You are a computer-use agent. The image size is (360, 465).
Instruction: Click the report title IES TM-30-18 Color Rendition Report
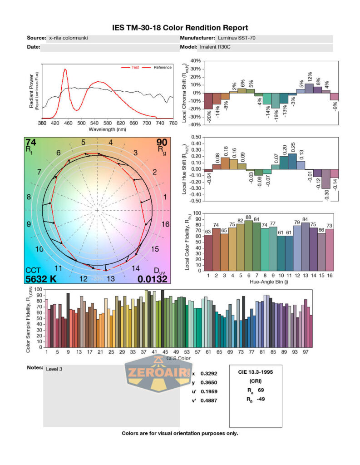(180, 28)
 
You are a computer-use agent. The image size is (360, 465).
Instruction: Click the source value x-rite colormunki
(68, 38)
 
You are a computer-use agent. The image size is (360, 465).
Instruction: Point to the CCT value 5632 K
(41, 279)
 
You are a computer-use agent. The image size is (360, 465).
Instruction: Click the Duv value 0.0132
(153, 279)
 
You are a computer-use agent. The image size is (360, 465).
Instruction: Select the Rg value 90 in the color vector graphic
(162, 142)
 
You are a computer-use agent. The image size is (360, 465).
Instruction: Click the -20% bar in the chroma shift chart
(208, 101)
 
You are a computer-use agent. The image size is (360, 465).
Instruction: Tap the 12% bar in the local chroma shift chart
(309, 88)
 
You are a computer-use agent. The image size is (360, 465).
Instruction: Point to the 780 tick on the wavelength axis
(173, 123)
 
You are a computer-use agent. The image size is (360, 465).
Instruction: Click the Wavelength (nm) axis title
(107, 129)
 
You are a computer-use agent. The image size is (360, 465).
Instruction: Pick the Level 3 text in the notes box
(54, 369)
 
